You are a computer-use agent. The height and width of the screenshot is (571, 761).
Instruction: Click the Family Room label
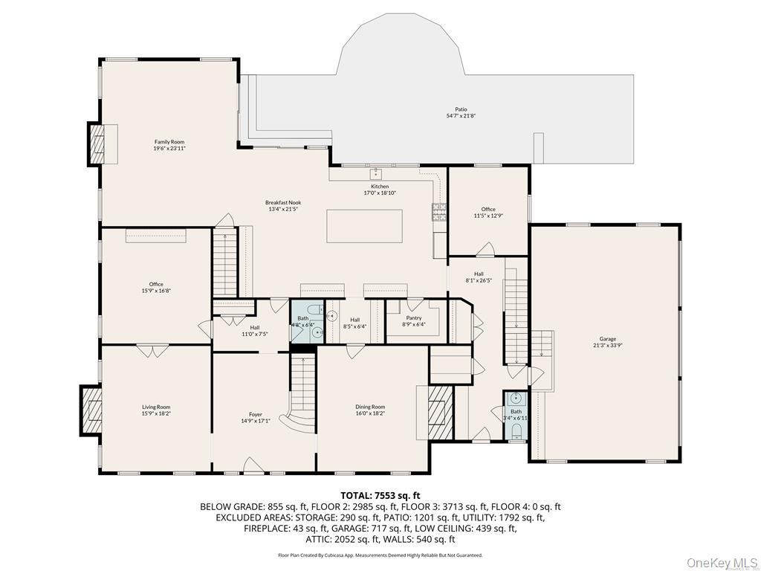pos(169,145)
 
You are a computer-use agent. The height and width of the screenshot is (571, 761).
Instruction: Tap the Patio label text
pos(461,112)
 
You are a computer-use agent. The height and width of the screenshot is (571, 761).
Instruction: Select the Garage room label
pos(607,342)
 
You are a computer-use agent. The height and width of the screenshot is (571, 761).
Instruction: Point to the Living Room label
pos(156,410)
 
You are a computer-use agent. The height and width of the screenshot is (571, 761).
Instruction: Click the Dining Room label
pos(369,410)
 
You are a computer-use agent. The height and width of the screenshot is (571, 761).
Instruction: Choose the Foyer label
pos(255,418)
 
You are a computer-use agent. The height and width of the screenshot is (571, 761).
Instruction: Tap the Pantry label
pos(413,321)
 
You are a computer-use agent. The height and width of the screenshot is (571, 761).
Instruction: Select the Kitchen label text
pos(379,190)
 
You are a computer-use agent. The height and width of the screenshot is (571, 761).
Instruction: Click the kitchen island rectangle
pos(364,226)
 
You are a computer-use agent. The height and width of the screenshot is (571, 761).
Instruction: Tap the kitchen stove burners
pos(438,212)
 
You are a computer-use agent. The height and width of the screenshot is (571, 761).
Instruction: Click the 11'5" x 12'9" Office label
pos(488,213)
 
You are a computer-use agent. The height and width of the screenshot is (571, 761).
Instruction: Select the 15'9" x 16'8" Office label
pos(156,287)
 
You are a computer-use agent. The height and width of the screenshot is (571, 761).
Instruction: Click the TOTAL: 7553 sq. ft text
pos(380,495)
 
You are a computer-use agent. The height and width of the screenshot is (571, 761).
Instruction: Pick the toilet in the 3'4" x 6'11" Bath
pos(516,431)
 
